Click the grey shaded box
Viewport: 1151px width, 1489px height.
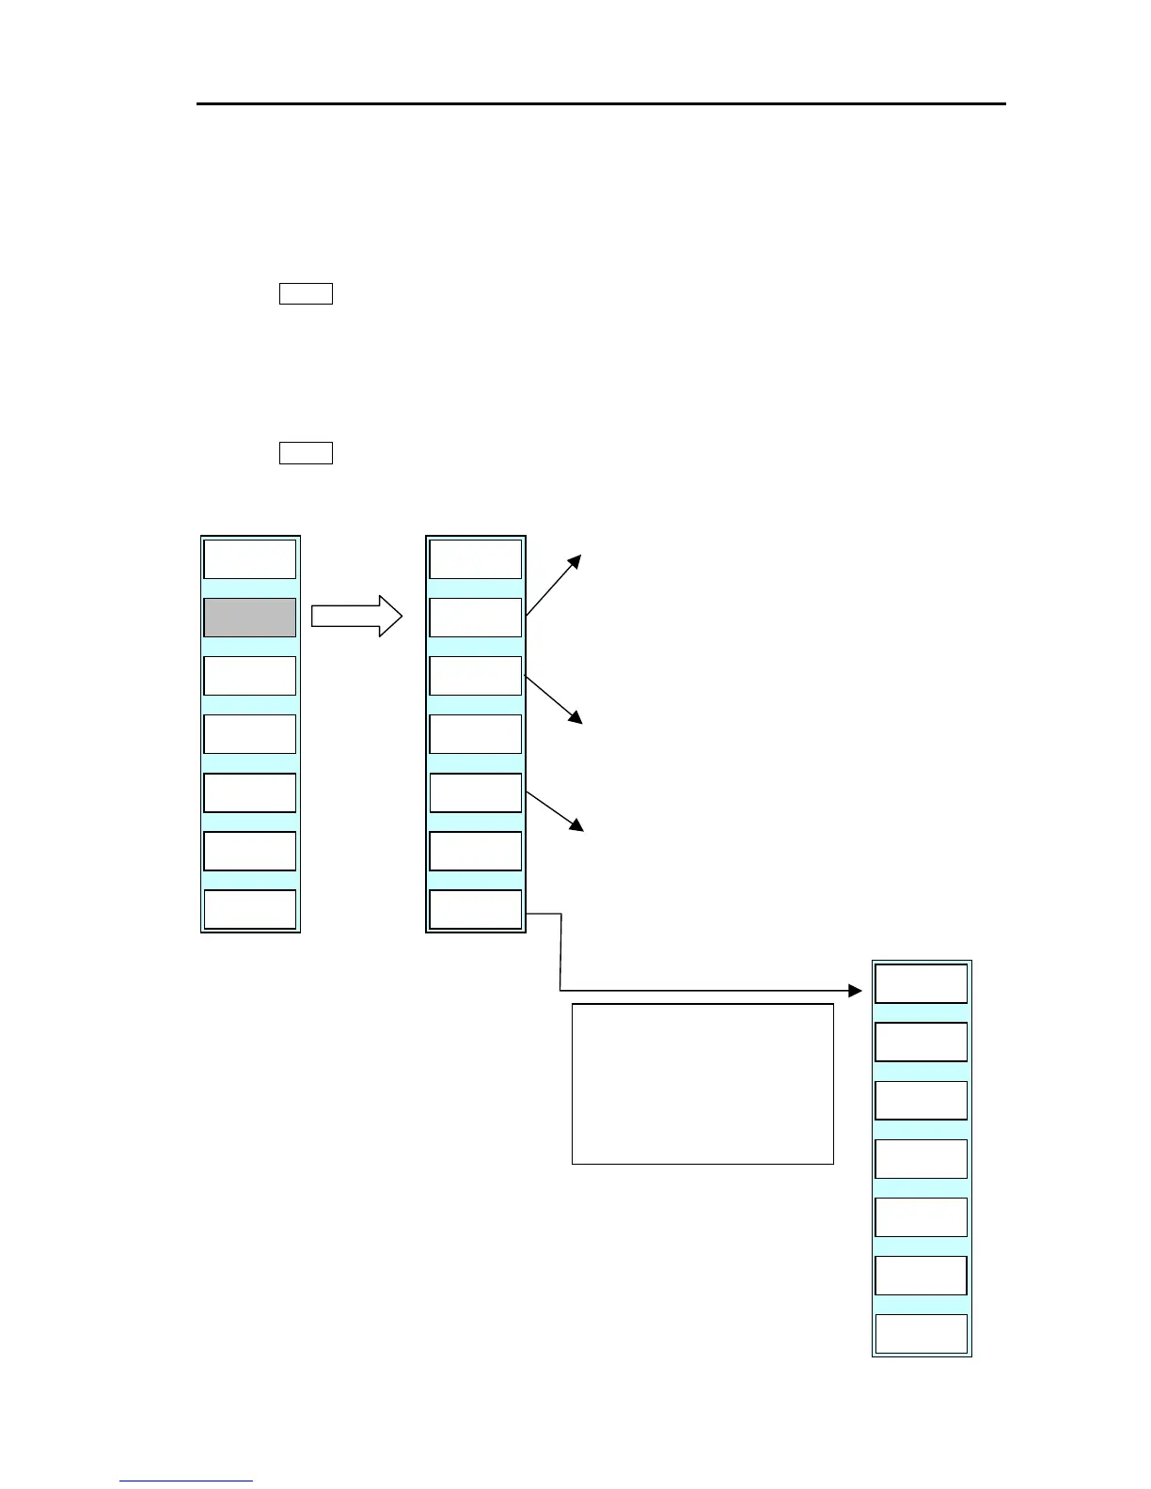(x=250, y=618)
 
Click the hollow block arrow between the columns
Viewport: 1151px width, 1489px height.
(x=356, y=617)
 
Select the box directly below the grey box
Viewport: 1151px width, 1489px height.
(x=250, y=676)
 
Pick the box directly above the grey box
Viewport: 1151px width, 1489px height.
(x=250, y=559)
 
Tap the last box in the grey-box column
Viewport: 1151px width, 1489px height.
(x=250, y=909)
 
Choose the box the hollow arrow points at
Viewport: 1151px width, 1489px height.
(x=476, y=618)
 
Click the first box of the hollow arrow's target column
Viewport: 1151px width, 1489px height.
(x=476, y=559)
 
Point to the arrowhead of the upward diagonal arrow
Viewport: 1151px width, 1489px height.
(x=576, y=560)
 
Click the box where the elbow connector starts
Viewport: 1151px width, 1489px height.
(x=476, y=909)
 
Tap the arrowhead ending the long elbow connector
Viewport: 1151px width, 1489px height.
(x=855, y=991)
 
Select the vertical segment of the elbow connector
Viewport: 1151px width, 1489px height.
(x=560, y=951)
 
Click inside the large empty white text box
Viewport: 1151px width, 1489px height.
(x=702, y=1084)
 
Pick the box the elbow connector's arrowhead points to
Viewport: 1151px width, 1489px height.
(x=922, y=984)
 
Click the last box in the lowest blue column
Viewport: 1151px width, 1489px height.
(x=922, y=1334)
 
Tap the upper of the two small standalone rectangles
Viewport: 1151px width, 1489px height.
(x=306, y=293)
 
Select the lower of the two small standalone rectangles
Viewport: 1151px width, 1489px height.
(x=306, y=453)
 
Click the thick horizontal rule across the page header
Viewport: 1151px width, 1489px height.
(x=602, y=103)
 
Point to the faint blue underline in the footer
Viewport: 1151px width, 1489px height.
(x=186, y=1481)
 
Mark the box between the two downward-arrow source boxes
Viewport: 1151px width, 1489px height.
(x=476, y=734)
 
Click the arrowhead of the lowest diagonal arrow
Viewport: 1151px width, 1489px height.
(x=576, y=826)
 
